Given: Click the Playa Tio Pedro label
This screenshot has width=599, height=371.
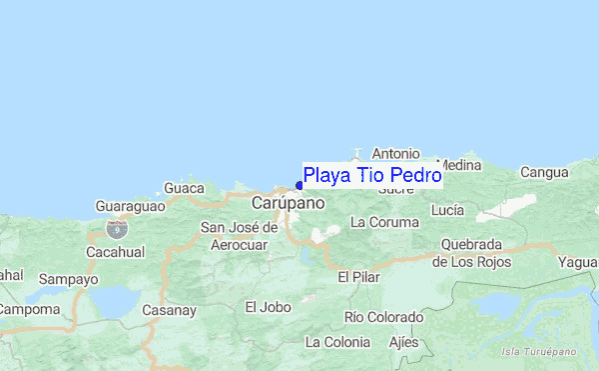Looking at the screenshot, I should [x=372, y=176].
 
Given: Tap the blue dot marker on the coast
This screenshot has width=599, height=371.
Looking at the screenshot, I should [x=299, y=185].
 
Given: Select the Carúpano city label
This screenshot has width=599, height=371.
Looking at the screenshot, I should [x=288, y=203].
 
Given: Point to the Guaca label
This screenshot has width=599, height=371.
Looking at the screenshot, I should [x=184, y=187].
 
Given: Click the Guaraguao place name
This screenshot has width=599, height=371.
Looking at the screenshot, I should [x=129, y=205].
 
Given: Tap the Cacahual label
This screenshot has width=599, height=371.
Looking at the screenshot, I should [x=118, y=251].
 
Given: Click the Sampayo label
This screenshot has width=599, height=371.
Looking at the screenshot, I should [x=70, y=280].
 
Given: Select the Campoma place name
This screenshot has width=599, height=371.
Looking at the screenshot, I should [x=28, y=310].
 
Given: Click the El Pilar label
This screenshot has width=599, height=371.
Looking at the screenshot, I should [x=358, y=277].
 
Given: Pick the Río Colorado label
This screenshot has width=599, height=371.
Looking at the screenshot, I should [x=382, y=317].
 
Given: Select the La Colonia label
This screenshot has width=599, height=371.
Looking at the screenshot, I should [x=337, y=342].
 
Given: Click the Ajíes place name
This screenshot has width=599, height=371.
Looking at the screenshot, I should [x=403, y=342].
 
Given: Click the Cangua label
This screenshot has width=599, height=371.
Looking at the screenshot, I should [x=544, y=172].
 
